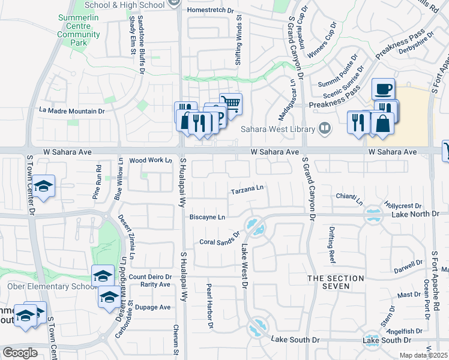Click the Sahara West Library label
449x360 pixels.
pyautogui.click(x=277, y=129)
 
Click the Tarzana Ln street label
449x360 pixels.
pyautogui.click(x=248, y=191)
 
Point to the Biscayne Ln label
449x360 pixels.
pyautogui.click(x=207, y=217)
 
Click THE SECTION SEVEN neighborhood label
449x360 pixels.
pyautogui.click(x=336, y=282)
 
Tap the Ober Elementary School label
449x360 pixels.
pyautogui.click(x=47, y=286)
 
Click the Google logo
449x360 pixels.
pyautogui.click(x=20, y=353)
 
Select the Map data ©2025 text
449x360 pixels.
pyautogui.click(x=424, y=355)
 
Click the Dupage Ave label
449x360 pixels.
pyautogui.click(x=155, y=307)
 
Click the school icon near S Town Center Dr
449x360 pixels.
pyautogui.click(x=43, y=186)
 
